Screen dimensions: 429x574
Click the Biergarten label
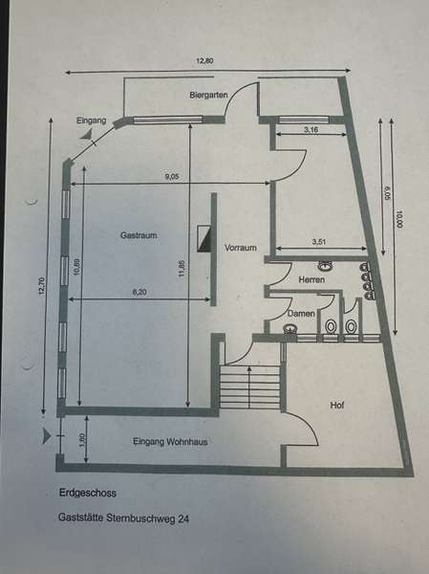pyautogui.click(x=208, y=95)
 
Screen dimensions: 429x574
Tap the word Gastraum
pyautogui.click(x=139, y=235)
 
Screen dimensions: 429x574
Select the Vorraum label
pyautogui.click(x=240, y=248)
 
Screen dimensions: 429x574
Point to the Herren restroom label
pyautogui.click(x=311, y=279)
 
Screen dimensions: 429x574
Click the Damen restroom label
pyautogui.click(x=301, y=314)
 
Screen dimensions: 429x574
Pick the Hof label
pyautogui.click(x=337, y=406)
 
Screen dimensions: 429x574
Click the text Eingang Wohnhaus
pyautogui.click(x=170, y=442)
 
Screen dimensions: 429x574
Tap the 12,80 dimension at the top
pyautogui.click(x=204, y=61)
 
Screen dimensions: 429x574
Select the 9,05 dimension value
pyautogui.click(x=172, y=177)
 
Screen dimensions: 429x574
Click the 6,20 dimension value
pyautogui.click(x=139, y=292)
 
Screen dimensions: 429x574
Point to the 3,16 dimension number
pyautogui.click(x=311, y=129)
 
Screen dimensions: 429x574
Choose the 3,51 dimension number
pyautogui.click(x=319, y=242)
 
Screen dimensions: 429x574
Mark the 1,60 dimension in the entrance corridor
pyautogui.click(x=82, y=439)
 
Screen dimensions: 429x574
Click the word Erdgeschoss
pyautogui.click(x=87, y=493)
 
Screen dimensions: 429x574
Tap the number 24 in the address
pyautogui.click(x=183, y=519)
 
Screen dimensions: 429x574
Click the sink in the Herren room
pyautogui.click(x=325, y=266)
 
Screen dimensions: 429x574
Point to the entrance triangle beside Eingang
pyautogui.click(x=87, y=134)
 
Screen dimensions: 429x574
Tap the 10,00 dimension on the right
pyautogui.click(x=399, y=219)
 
